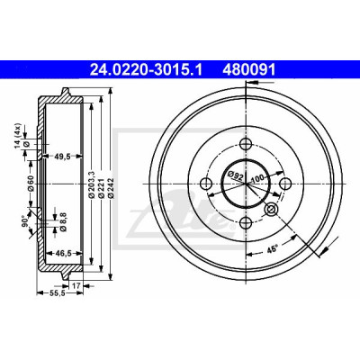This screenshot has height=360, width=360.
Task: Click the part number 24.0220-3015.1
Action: [146, 70]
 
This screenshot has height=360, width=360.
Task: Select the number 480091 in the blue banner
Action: [248, 70]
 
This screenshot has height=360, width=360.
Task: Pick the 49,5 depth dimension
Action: [63, 157]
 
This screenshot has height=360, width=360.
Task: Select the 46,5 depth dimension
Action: [63, 254]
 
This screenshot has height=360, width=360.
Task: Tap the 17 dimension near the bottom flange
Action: [76, 285]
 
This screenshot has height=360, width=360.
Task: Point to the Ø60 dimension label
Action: [31, 183]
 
